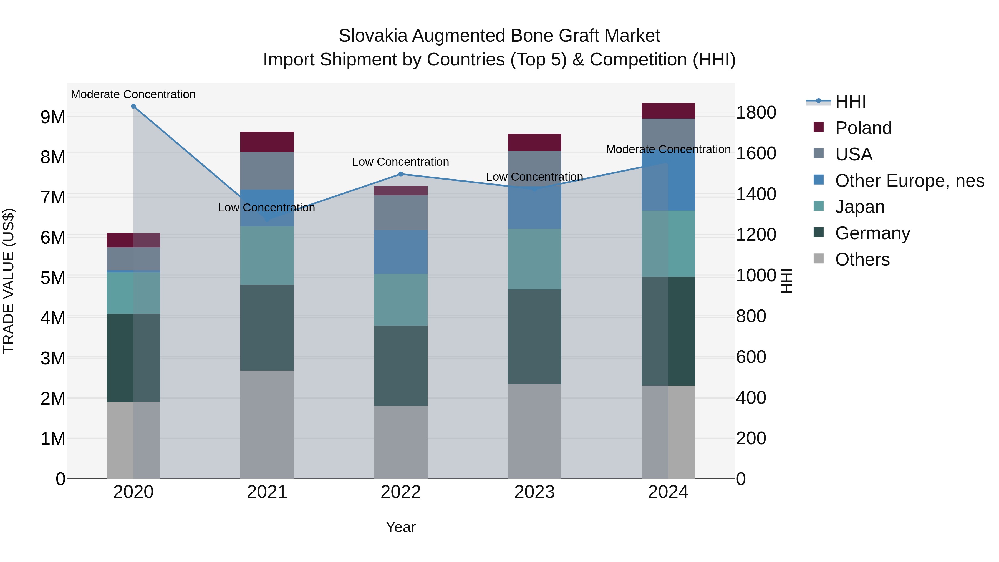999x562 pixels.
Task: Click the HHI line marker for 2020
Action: pos(133,106)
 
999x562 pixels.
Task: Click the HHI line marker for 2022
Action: pos(401,174)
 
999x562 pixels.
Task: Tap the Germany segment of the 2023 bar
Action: pos(534,337)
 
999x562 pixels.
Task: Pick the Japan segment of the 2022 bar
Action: pos(401,300)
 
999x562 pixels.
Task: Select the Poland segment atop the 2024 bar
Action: pos(668,111)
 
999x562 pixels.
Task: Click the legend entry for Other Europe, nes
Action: pos(909,181)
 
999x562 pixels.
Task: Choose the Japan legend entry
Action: pos(860,207)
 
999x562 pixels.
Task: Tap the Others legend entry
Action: pos(862,259)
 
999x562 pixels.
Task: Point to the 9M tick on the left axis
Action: pos(53,117)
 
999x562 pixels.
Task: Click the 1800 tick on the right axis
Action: pos(756,113)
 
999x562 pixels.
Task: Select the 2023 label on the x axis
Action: pos(534,492)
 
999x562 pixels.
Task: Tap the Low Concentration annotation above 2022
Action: pos(401,162)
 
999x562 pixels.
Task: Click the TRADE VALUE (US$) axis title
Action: pos(9,281)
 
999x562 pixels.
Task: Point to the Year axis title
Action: pos(401,527)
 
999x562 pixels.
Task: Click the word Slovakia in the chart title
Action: pos(373,36)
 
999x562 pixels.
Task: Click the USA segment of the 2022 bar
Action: pos(401,213)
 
